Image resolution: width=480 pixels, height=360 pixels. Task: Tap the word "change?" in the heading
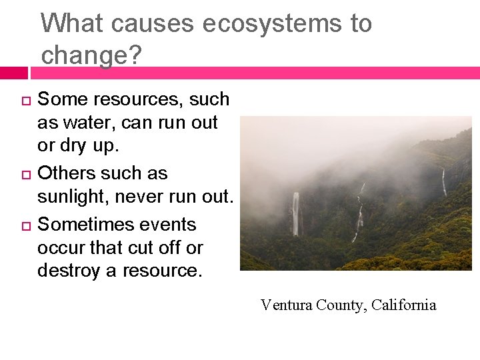pyautogui.click(x=91, y=55)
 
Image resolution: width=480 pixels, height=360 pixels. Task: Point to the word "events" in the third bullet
pyautogui.click(x=170, y=224)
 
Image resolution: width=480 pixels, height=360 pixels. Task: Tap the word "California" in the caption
pyautogui.click(x=404, y=305)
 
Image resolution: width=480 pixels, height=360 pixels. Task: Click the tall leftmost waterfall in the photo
pyautogui.click(x=295, y=213)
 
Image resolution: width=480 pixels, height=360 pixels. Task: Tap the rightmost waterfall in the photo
pyautogui.click(x=444, y=182)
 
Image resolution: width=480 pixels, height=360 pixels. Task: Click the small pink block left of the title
pyautogui.click(x=13, y=73)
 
